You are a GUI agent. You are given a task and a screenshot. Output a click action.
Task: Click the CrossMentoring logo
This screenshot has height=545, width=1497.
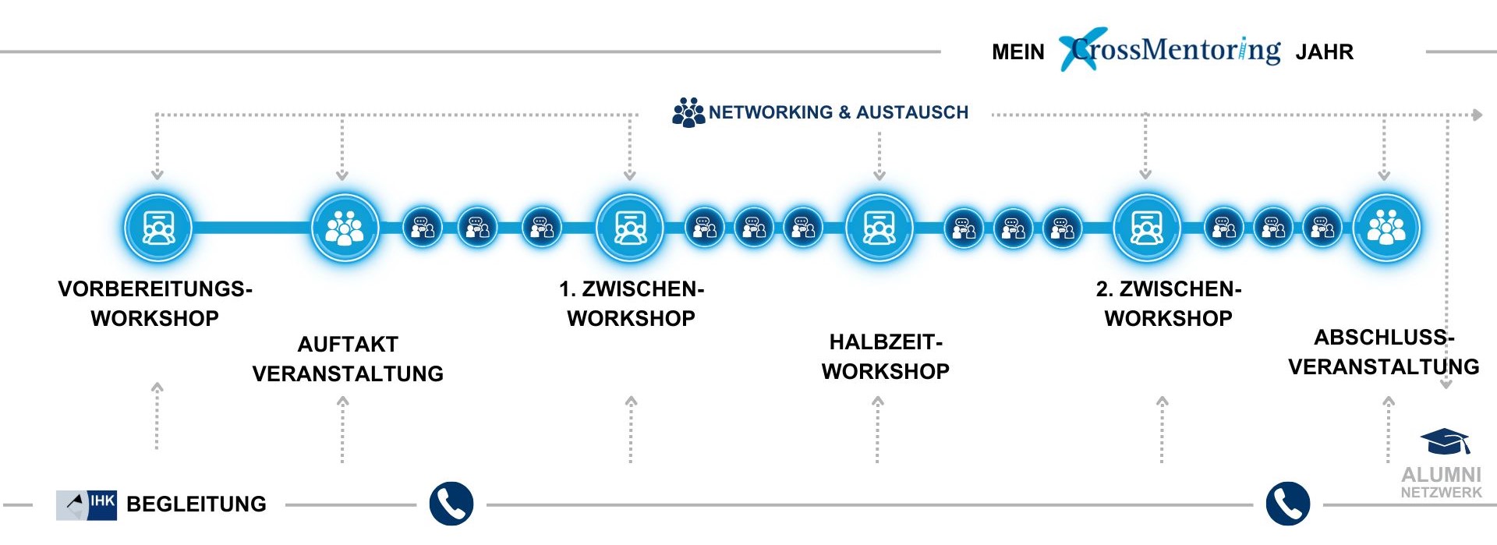tap(1170, 50)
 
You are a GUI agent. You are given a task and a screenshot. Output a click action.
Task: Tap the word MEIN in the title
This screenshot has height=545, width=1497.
tap(1017, 52)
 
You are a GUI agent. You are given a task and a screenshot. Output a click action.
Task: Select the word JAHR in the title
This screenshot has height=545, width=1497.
tap(1324, 52)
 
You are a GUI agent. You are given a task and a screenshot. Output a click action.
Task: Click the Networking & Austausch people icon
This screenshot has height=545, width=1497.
tap(688, 112)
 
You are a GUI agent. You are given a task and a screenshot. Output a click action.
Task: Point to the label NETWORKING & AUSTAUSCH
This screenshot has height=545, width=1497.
tap(838, 112)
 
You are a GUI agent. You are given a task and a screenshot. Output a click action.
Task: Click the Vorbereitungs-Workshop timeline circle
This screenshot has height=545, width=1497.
tap(158, 228)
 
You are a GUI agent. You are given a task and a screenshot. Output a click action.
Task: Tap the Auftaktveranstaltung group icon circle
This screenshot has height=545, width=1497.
tap(345, 228)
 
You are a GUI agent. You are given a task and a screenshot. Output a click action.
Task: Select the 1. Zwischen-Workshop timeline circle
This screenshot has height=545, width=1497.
tap(630, 228)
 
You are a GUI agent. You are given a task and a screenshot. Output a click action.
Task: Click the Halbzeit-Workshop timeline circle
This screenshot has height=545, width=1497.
tap(879, 228)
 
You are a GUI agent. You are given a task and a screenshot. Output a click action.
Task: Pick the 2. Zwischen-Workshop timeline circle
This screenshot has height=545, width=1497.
tap(1146, 228)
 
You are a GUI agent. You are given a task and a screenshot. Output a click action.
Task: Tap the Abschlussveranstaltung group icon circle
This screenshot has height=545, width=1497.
tap(1386, 228)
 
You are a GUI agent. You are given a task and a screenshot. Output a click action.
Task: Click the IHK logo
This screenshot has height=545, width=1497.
tap(87, 504)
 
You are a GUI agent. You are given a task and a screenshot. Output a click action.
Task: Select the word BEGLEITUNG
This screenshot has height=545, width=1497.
tap(196, 504)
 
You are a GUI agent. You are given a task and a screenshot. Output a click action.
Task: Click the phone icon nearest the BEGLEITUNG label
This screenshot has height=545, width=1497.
tap(451, 504)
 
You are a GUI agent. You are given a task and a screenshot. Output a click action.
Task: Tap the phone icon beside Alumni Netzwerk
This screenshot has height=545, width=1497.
tap(1287, 504)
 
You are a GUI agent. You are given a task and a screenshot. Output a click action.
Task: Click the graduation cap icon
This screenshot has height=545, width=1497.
tap(1445, 441)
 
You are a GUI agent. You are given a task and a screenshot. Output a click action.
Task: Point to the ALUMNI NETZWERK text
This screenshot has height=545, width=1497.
tap(1441, 482)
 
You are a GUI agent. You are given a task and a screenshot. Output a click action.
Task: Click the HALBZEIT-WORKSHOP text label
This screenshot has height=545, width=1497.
tap(886, 356)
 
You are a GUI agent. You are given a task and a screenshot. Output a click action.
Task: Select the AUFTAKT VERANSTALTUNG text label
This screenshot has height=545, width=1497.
tap(348, 359)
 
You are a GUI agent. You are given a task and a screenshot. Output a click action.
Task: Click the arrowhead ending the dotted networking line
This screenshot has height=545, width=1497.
tap(1477, 115)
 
